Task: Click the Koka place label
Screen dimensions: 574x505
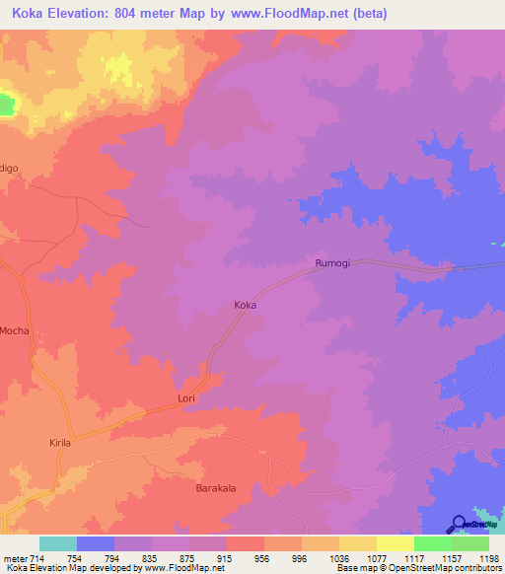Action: click(x=246, y=306)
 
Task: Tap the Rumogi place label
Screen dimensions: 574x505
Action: click(x=333, y=263)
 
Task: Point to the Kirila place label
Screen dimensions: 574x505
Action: click(x=61, y=444)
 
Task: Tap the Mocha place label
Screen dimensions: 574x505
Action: click(x=15, y=330)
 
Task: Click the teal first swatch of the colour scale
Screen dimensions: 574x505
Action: click(x=57, y=543)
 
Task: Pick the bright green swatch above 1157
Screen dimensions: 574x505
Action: click(x=432, y=543)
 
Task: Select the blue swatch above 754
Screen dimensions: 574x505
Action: click(x=95, y=543)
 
